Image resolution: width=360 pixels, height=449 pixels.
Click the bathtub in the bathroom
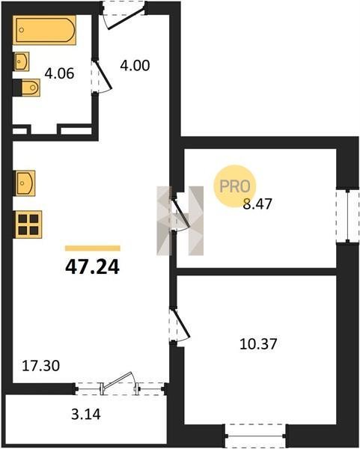[x=44, y=30]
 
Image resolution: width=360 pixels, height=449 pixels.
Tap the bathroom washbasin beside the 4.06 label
[x=21, y=61]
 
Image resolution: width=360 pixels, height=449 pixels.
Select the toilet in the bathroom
[x=27, y=88]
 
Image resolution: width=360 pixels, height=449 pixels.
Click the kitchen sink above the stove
[x=25, y=183]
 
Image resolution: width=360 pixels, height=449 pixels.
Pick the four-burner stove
[x=28, y=224]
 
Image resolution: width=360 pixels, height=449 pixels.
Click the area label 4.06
[x=59, y=73]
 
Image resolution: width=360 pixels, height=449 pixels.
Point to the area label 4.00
[x=135, y=66]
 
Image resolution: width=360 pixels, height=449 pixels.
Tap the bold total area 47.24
[x=92, y=267]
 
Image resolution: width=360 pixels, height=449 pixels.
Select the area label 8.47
[x=257, y=204]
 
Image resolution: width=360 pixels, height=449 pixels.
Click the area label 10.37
[x=258, y=344]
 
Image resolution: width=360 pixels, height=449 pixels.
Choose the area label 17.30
[x=41, y=366]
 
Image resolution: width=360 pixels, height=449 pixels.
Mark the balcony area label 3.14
[x=86, y=414]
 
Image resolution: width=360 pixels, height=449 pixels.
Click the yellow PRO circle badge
[x=234, y=186]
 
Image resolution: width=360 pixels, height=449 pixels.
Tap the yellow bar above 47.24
[x=93, y=248]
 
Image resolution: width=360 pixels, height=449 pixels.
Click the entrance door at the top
[x=124, y=16]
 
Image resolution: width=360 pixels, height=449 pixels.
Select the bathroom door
[x=102, y=76]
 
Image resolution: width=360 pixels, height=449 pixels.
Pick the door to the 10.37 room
[x=180, y=324]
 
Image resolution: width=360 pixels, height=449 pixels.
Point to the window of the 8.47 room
[x=348, y=216]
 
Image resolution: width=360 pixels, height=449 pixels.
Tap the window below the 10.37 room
[x=255, y=436]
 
